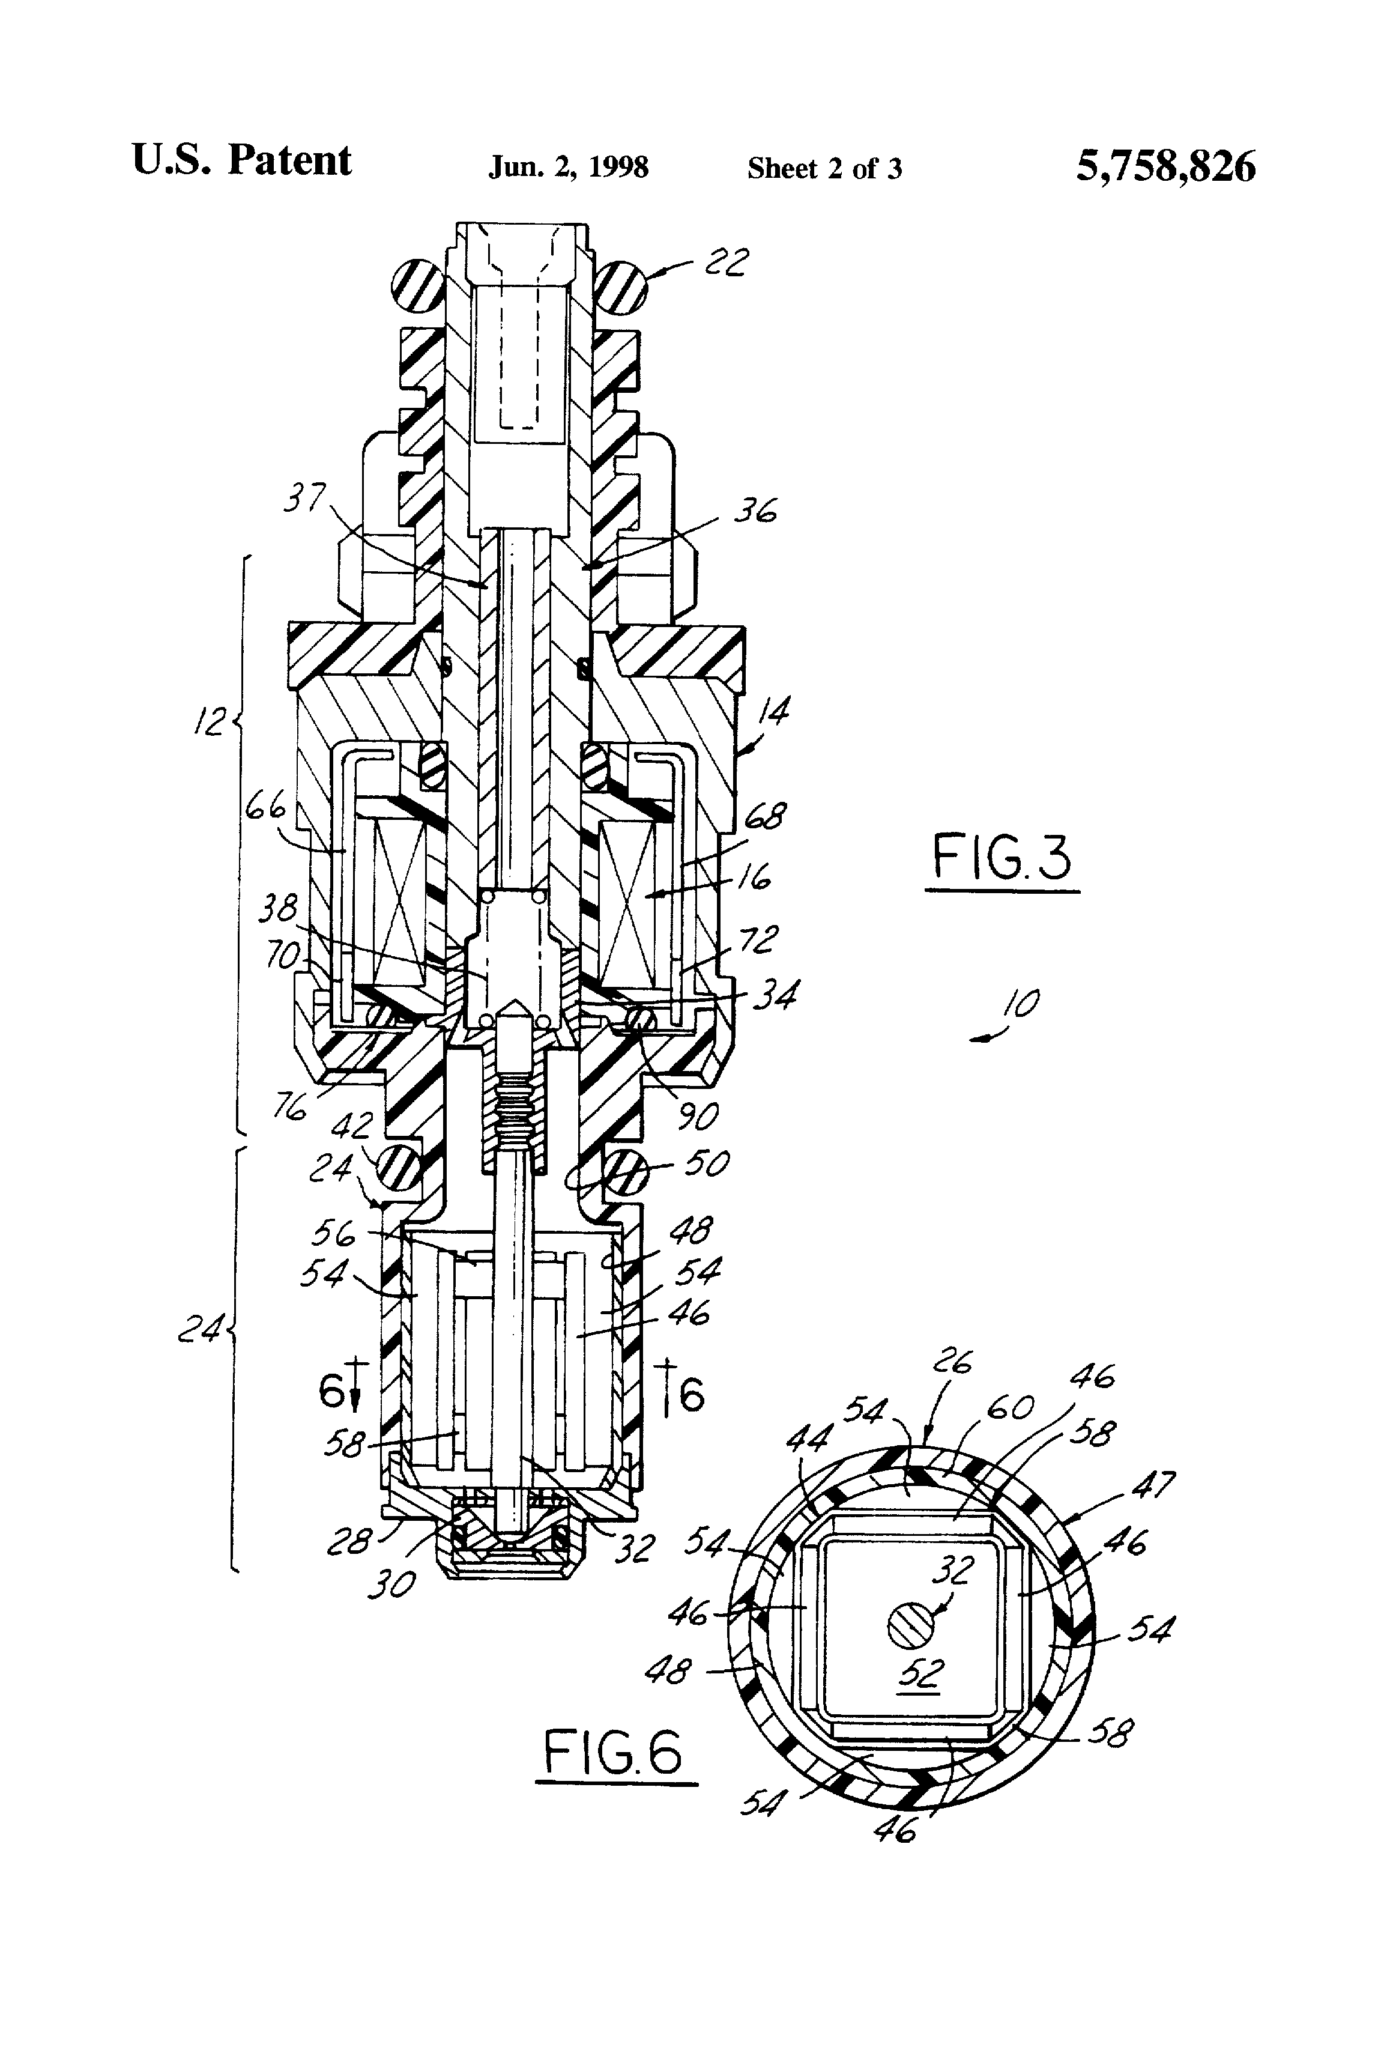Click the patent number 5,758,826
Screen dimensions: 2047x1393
1164,166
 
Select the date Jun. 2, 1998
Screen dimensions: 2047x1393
568,168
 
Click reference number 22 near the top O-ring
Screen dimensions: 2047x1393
727,262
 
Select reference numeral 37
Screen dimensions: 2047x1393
304,499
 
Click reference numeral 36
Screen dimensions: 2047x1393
755,511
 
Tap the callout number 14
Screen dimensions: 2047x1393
772,710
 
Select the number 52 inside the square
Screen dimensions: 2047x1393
919,1672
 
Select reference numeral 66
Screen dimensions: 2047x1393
266,807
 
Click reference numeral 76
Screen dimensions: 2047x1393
289,1107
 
